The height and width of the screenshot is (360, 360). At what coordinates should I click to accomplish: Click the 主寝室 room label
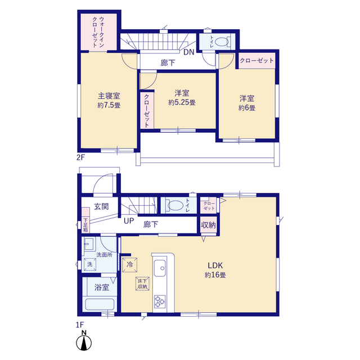(x=109, y=96)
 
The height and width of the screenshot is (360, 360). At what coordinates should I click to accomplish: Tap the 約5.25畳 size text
(x=182, y=102)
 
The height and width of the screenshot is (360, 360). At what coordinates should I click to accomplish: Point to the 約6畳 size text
(x=247, y=107)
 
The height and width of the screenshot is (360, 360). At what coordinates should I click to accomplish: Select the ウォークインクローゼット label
(x=98, y=32)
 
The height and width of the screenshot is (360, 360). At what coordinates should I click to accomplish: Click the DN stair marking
(x=189, y=52)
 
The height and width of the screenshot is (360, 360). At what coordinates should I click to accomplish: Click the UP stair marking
(x=129, y=221)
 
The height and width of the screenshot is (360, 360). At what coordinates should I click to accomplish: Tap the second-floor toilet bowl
(x=222, y=42)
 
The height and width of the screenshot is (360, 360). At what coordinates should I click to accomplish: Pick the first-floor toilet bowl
(x=175, y=205)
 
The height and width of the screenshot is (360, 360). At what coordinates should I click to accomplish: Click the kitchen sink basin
(x=160, y=268)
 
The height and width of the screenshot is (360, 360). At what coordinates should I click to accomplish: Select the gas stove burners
(x=160, y=301)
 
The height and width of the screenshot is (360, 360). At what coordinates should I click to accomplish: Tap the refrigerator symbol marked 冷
(x=130, y=265)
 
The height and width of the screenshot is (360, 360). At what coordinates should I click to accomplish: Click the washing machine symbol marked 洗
(x=90, y=264)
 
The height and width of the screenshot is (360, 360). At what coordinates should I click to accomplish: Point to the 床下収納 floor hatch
(x=142, y=283)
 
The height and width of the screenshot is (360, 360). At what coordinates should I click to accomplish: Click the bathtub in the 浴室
(x=100, y=304)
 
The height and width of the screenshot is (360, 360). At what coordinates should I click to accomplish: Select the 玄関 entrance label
(x=101, y=206)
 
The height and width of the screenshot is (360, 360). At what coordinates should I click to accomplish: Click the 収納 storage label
(x=209, y=225)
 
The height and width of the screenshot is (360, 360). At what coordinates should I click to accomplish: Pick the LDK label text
(x=215, y=265)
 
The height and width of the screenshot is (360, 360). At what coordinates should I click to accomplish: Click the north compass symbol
(x=84, y=341)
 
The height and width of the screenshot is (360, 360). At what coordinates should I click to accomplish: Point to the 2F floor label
(x=80, y=157)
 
